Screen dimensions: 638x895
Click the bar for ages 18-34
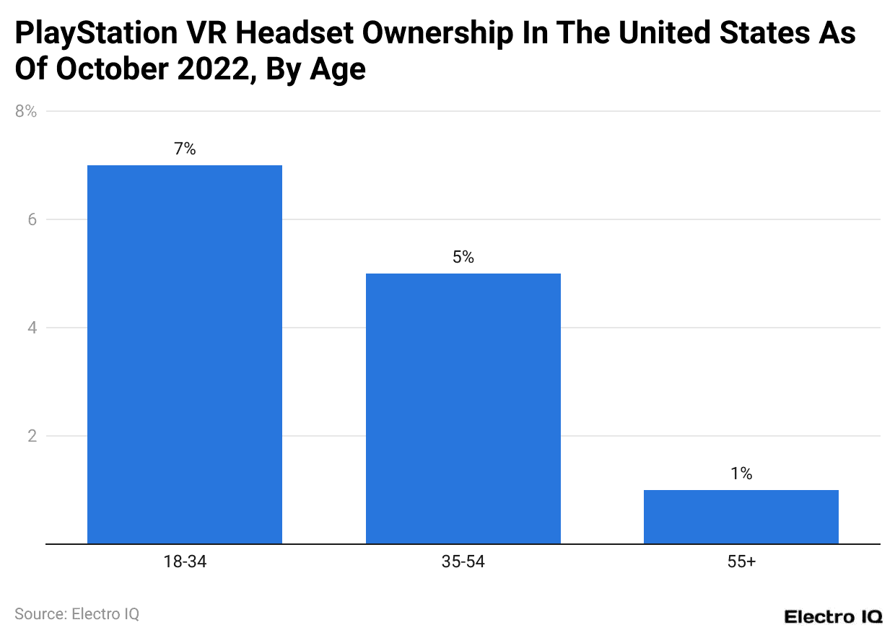click(184, 354)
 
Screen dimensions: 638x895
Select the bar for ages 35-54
click(463, 408)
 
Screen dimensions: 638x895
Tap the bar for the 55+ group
click(741, 517)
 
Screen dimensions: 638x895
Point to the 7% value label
click(184, 149)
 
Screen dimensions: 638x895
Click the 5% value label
click(463, 258)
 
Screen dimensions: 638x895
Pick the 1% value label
click(741, 474)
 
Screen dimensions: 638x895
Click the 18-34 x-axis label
click(184, 562)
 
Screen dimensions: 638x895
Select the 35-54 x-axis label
click(463, 562)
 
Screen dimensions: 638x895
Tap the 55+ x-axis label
click(741, 562)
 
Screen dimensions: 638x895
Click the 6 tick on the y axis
click(32, 219)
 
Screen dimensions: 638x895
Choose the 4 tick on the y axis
click(32, 328)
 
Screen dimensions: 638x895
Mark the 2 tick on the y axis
click(32, 436)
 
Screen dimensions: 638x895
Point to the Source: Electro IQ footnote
click(77, 614)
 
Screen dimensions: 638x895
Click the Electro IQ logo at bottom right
click(833, 616)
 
